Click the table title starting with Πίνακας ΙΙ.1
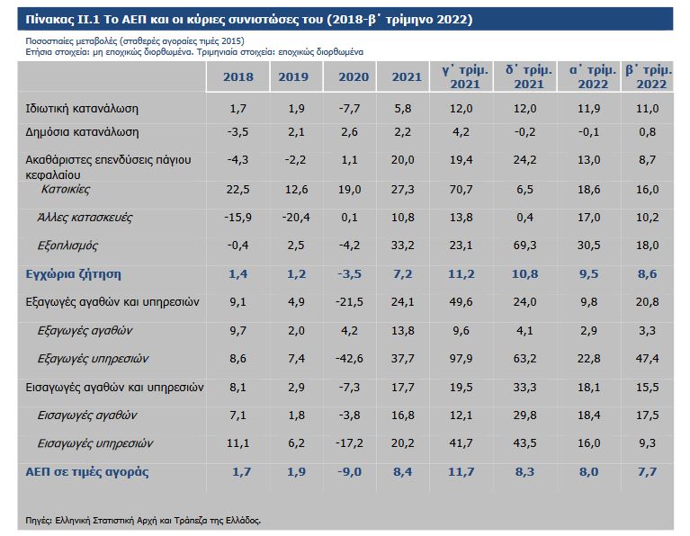[x=248, y=18]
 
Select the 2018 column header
[x=237, y=77]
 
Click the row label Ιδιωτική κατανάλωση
[x=82, y=109]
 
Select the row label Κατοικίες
[x=65, y=190]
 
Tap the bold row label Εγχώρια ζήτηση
[x=74, y=274]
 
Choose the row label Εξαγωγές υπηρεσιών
[x=94, y=358]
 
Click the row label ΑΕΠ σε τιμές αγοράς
[x=87, y=472]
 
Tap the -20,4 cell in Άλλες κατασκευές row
[x=294, y=218]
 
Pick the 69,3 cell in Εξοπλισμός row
[x=519, y=246]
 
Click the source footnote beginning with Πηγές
[x=144, y=519]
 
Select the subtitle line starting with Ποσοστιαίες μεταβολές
[x=135, y=42]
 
